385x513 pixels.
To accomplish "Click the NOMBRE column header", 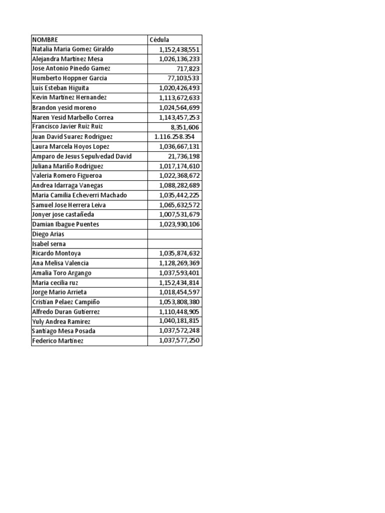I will tap(45, 40).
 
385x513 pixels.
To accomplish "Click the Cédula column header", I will tap(159, 40).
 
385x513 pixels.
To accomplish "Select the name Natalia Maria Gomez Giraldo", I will tap(73, 49).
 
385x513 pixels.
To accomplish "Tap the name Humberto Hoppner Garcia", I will tap(69, 78).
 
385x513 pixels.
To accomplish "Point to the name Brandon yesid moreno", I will tap(64, 108).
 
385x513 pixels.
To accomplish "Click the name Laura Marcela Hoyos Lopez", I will tap(71, 146).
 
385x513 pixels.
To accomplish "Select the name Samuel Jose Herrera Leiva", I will tap(69, 205).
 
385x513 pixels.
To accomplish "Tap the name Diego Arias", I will tap(48, 234).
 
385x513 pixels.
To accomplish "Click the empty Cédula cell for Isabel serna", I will tap(174, 243).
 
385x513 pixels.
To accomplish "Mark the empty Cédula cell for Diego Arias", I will tap(174, 234).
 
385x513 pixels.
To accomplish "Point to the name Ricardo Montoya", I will tap(56, 253).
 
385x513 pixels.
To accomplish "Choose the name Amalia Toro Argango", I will tap(62, 273).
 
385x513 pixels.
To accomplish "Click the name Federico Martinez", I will tap(58, 341).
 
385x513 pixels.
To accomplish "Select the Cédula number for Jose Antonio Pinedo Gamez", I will tap(188, 69).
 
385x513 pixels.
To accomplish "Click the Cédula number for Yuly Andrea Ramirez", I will tap(179, 321).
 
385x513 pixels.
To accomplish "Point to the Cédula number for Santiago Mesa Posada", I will tap(179, 331).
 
